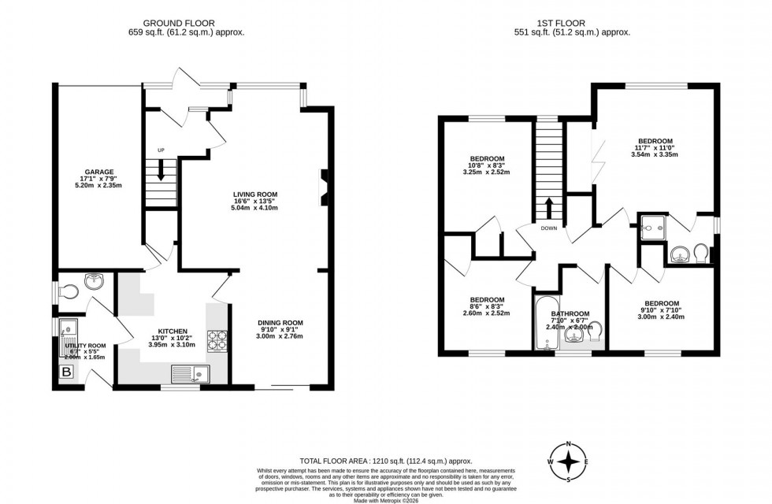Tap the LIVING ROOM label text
(254, 194)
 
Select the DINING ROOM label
(280, 322)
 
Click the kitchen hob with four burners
(217, 340)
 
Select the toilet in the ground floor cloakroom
(69, 291)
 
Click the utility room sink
(66, 326)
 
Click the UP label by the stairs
(161, 150)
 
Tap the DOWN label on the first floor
(549, 229)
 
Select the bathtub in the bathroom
(546, 324)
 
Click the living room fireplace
(324, 187)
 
